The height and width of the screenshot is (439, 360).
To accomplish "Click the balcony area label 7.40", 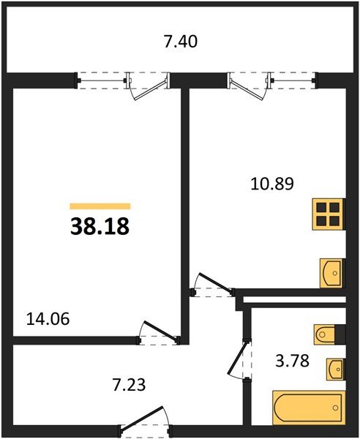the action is click(x=181, y=42).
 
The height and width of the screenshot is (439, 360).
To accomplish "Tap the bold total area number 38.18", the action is click(x=100, y=226).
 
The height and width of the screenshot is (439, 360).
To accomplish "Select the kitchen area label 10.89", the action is click(x=272, y=184).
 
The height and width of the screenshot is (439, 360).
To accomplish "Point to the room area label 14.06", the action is click(x=48, y=319).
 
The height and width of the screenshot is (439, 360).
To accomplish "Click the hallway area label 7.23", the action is click(x=129, y=384).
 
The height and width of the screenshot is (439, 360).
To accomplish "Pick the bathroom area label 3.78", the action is click(x=293, y=361).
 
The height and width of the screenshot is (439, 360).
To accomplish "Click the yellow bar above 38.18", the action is click(x=100, y=206).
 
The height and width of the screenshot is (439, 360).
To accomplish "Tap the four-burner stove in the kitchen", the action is click(x=329, y=214).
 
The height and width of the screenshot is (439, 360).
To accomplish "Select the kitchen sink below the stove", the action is click(x=332, y=273).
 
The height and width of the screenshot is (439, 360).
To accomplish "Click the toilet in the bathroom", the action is click(x=325, y=334).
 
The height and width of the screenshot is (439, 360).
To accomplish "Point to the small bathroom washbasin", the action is click(x=335, y=369).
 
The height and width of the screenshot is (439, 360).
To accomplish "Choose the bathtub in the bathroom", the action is click(x=309, y=408).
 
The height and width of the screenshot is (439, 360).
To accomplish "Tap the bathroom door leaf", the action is click(x=238, y=358).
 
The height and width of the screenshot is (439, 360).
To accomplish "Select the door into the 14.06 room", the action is click(x=159, y=332).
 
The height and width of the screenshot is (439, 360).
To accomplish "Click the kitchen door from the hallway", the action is click(x=213, y=283).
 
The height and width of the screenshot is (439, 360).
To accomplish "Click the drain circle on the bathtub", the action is click(x=335, y=408).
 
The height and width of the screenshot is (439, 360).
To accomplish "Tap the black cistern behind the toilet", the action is click(x=340, y=334).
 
